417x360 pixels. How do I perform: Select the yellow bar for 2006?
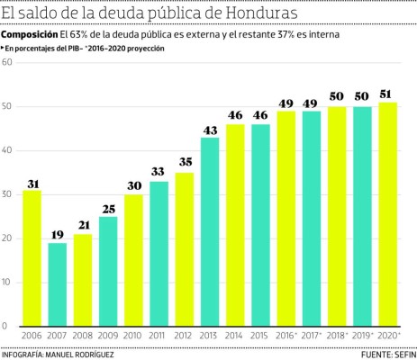tap(32, 257)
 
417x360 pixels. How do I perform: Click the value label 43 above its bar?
tap(210, 130)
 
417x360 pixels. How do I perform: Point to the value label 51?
tap(388, 94)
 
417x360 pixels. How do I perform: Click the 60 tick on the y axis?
tap(7, 63)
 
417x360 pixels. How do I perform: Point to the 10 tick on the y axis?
tap(7, 282)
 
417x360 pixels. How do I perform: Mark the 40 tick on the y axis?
tap(7, 150)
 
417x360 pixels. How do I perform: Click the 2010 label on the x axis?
tap(133, 335)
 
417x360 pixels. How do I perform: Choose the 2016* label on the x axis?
tap(287, 335)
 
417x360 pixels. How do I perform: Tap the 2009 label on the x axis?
tap(107, 335)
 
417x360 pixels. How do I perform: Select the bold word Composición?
tap(29, 33)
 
